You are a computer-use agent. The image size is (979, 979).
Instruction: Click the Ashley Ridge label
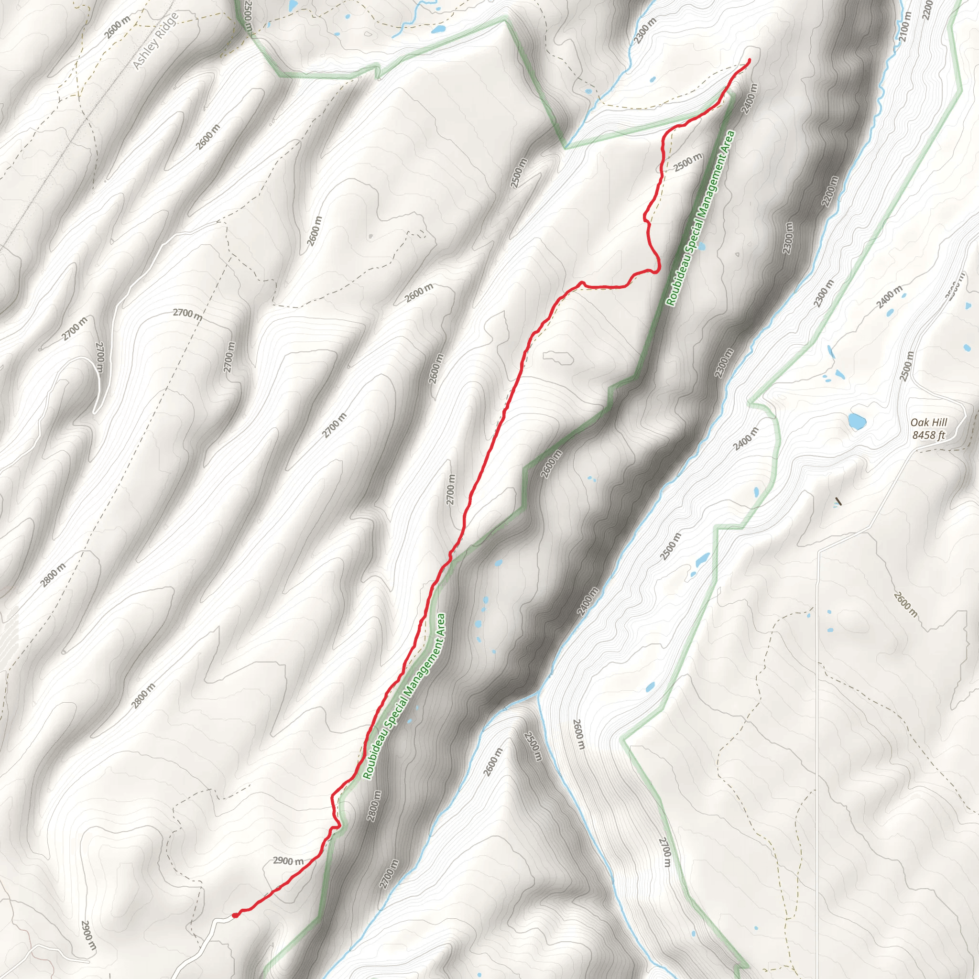[155, 41]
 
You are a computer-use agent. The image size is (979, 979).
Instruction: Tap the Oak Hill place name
[928, 423]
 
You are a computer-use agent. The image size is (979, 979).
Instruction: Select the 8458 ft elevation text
[928, 435]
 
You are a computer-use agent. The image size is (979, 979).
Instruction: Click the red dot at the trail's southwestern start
[235, 915]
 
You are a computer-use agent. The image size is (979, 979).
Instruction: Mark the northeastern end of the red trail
[749, 61]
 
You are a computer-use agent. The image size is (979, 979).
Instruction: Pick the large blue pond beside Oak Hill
[856, 421]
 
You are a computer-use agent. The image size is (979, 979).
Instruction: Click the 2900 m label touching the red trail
[288, 861]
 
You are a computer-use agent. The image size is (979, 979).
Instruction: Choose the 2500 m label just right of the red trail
[687, 162]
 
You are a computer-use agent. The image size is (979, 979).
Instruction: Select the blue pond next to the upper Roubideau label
[702, 247]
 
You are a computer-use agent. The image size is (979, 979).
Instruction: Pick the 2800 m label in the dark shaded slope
[374, 805]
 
